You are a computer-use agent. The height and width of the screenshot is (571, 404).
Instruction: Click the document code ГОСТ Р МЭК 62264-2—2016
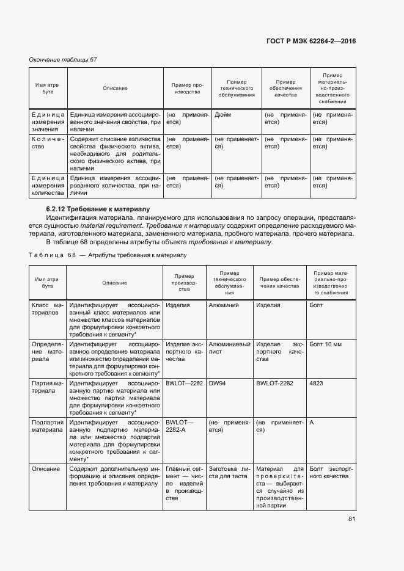(311, 41)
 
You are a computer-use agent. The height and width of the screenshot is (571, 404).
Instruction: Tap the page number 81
(351, 519)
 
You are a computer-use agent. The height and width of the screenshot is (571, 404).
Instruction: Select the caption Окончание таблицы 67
(63, 59)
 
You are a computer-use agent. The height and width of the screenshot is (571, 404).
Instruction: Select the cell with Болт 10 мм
(325, 344)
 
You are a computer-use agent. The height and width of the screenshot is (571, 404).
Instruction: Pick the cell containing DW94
(218, 384)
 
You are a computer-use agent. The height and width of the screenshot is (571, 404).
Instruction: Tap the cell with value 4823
(317, 384)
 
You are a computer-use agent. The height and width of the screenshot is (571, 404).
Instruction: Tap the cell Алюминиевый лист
(229, 348)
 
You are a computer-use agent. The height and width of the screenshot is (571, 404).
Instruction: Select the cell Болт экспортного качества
(331, 472)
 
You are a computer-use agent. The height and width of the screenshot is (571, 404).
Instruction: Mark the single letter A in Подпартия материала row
(312, 422)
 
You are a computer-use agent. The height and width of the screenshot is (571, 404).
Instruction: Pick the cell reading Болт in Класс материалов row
(317, 305)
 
